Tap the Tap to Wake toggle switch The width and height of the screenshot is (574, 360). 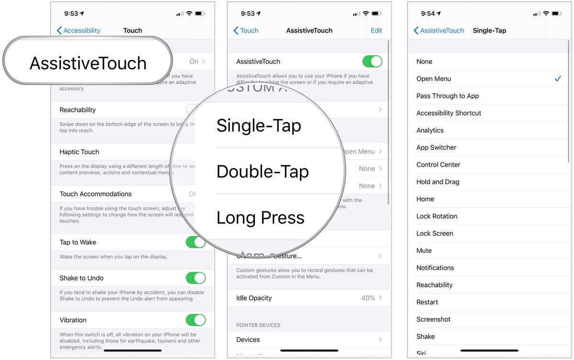tap(195, 242)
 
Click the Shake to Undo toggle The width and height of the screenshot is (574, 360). tap(195, 278)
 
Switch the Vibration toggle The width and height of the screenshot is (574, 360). tap(195, 320)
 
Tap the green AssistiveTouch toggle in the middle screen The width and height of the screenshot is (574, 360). tap(372, 61)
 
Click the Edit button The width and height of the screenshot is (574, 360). tap(376, 31)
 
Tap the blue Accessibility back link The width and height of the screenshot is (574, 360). tap(78, 31)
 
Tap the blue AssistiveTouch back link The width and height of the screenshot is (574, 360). tap(439, 31)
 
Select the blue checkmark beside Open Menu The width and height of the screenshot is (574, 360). tap(558, 78)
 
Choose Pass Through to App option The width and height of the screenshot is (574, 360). tap(447, 96)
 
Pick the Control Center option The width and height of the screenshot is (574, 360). tap(438, 164)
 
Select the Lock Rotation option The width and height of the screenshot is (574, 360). tap(437, 216)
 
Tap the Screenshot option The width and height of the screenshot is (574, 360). tap(433, 319)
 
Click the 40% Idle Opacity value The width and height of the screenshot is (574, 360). tap(368, 298)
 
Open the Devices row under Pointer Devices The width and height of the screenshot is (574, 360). tap(248, 339)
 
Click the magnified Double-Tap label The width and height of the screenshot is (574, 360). tap(263, 172)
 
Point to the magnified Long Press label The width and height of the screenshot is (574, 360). tap(260, 218)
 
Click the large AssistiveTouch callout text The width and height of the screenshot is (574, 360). tap(88, 63)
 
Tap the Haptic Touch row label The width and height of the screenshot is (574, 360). tap(79, 152)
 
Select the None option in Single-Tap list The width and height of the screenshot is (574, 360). tap(424, 61)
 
